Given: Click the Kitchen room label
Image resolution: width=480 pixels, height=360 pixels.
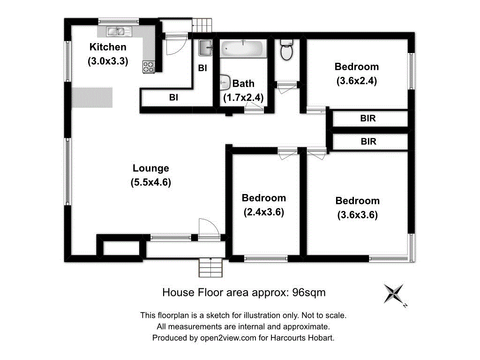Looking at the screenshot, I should (x=108, y=47).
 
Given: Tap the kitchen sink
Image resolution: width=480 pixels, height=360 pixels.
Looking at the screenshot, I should (x=115, y=32).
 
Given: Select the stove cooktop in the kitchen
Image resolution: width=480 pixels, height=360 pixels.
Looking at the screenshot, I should (x=148, y=67).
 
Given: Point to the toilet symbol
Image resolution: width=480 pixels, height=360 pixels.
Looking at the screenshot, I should (x=286, y=49).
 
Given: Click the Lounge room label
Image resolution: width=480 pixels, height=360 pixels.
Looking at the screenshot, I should (x=150, y=168).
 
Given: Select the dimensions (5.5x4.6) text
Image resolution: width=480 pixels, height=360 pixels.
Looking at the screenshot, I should (x=150, y=183).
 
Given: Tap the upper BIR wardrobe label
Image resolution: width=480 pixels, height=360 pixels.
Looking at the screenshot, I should (x=368, y=119).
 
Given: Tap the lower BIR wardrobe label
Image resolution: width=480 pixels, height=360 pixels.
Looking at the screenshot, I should (x=368, y=141).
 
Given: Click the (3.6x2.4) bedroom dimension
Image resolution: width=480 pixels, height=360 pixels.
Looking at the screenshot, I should (x=357, y=81).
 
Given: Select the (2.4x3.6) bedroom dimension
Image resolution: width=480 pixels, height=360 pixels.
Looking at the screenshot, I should (x=264, y=212).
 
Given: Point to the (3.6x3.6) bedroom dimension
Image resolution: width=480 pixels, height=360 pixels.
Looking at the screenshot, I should (x=357, y=215).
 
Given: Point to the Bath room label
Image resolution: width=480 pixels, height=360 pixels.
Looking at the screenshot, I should (x=244, y=83).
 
